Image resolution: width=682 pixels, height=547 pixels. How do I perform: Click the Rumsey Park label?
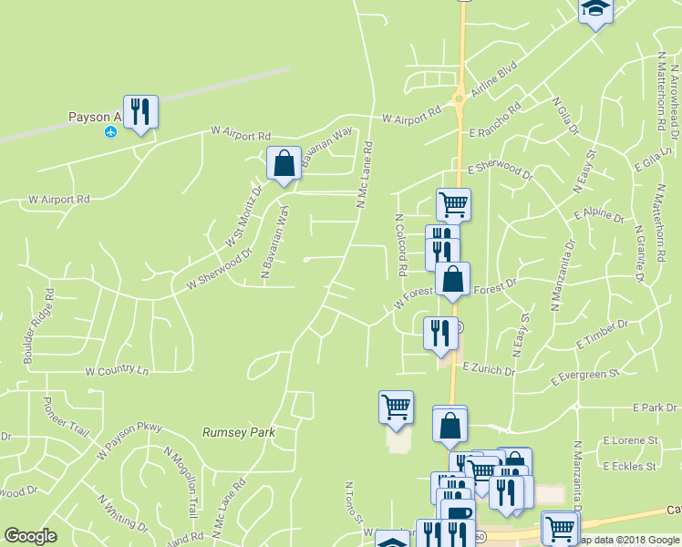point(238,432)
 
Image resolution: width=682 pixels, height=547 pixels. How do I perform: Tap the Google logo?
point(30,535)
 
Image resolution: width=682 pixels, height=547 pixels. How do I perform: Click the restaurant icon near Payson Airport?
point(140,112)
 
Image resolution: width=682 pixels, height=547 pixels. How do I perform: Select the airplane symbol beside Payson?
point(111,132)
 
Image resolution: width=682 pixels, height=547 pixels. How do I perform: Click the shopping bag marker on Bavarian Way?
point(284,164)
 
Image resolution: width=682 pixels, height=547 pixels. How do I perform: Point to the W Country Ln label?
point(116,371)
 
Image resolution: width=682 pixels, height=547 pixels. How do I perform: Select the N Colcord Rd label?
point(400,246)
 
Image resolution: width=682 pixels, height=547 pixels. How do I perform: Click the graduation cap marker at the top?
point(595,9)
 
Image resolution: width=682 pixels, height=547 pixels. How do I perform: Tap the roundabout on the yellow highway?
point(459,98)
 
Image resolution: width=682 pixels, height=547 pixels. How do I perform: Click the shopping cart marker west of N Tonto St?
point(396,407)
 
